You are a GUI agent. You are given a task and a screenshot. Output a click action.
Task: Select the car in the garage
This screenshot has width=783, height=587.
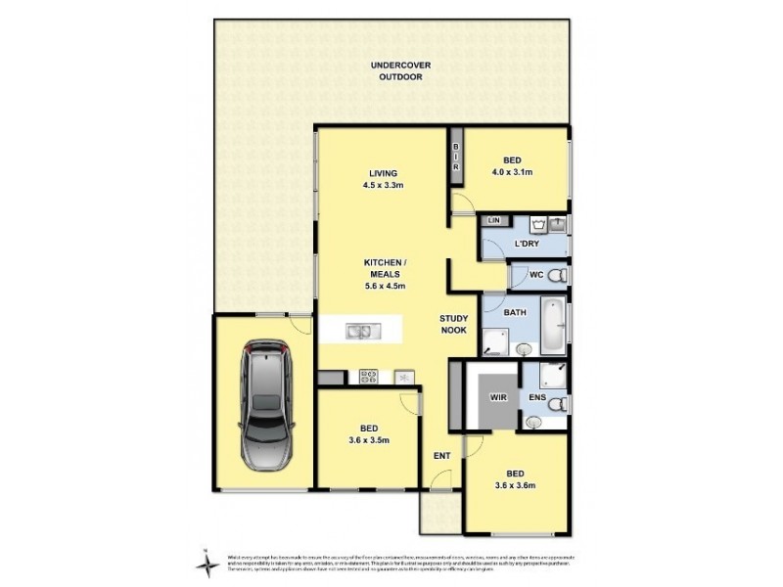[x=264, y=403]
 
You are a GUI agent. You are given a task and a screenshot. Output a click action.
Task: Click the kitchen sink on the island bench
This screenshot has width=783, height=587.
[x=357, y=331]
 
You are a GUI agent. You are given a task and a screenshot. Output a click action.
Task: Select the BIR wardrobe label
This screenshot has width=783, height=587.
[x=455, y=158]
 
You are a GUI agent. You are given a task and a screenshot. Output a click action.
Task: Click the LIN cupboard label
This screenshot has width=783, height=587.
[x=493, y=222]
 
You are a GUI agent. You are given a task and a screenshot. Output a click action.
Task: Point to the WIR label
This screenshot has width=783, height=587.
[x=496, y=398]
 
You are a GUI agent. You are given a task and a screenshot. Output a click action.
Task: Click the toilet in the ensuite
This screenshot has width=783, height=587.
[x=555, y=403]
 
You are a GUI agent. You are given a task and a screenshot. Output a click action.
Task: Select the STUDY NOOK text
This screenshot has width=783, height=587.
[x=454, y=325]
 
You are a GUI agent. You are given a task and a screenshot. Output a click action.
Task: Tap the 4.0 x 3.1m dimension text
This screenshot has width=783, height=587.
[x=513, y=173]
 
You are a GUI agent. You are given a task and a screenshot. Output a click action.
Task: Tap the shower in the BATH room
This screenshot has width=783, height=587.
[x=496, y=339]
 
